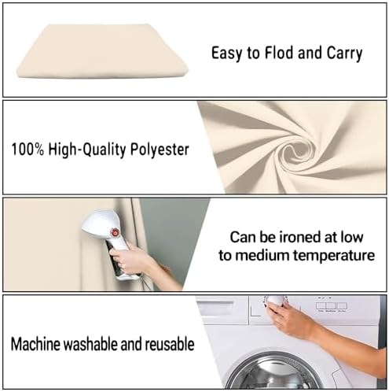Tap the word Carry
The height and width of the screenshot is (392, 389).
pyautogui.click(x=344, y=54)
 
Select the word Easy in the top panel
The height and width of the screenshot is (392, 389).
pyautogui.click(x=226, y=54)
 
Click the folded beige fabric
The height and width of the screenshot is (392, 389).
pyautogui.click(x=102, y=51)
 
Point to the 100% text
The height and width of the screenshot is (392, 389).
pyautogui.click(x=28, y=150)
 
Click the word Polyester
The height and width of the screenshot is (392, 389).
pyautogui.click(x=160, y=150)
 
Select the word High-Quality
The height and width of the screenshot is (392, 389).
pyautogui.click(x=87, y=150)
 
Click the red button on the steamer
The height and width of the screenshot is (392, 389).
pyautogui.click(x=115, y=232)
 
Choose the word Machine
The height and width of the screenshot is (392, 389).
pyautogui.click(x=35, y=344)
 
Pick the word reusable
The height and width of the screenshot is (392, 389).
pyautogui.click(x=170, y=344)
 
